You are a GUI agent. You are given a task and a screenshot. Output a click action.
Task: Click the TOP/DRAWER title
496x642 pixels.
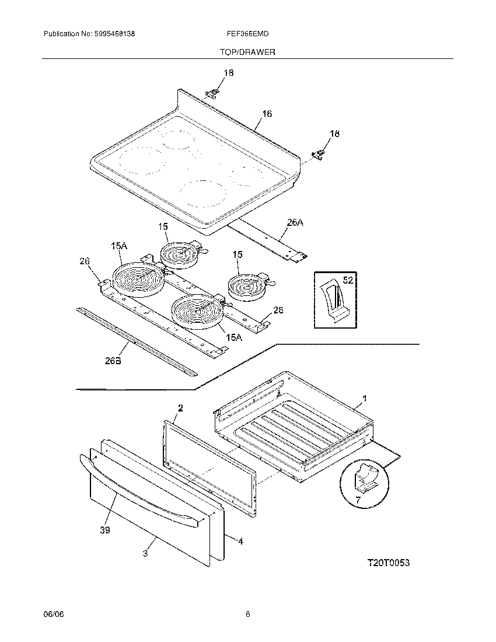point(247,52)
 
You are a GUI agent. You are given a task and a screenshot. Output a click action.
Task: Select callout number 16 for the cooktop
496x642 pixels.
point(267,114)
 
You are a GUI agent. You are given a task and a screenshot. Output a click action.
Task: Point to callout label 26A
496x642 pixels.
point(295,222)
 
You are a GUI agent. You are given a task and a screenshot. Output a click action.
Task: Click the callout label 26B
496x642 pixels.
point(113,361)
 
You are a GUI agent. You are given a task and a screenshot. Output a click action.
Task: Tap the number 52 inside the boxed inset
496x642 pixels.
point(348,281)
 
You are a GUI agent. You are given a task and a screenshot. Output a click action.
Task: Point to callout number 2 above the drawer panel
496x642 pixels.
point(180,409)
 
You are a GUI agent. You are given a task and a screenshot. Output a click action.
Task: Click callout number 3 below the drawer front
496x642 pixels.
point(145,553)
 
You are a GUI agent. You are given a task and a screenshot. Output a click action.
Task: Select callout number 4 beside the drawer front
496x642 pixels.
point(240,542)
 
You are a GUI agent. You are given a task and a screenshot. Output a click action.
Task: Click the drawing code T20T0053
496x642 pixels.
point(389,563)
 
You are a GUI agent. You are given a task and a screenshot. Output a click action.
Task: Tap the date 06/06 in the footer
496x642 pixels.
point(52,614)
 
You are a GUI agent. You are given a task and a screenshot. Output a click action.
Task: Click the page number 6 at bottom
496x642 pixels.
point(248,614)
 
